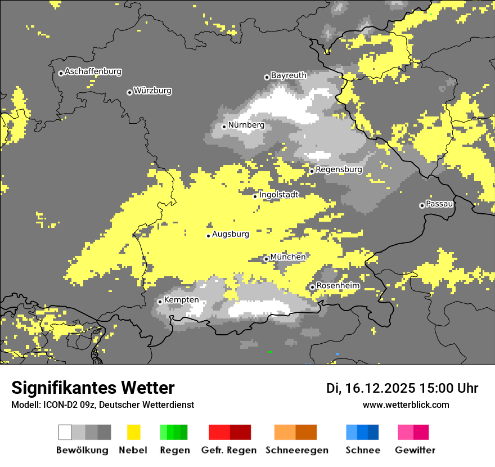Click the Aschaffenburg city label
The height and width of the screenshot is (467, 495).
coord(93,72)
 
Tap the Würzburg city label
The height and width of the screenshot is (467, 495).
coord(152,91)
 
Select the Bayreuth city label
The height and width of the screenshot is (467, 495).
coord(289,75)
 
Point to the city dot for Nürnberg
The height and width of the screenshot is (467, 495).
coord(224,127)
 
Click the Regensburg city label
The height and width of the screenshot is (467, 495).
coord(339,169)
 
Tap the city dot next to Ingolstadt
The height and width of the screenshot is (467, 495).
coord(255,196)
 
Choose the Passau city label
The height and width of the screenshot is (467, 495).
coord(440,204)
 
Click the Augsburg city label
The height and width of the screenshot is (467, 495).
coord(231,234)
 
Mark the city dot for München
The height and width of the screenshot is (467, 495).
coord(266,259)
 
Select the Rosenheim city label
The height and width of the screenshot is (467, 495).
coord(337,286)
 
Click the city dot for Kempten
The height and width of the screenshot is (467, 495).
coord(160,302)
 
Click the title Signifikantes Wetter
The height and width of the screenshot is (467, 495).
coord(93,388)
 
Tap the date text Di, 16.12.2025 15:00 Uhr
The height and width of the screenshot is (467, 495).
coord(402,388)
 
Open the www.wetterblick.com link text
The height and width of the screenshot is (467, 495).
coord(406,405)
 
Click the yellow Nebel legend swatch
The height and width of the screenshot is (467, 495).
coord(133,432)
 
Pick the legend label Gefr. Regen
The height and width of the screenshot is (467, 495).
coord(229,450)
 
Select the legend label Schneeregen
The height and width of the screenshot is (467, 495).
coord(296,450)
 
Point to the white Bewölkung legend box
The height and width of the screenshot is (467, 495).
coord(65,432)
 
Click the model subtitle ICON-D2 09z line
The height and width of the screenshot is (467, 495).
coord(102,405)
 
